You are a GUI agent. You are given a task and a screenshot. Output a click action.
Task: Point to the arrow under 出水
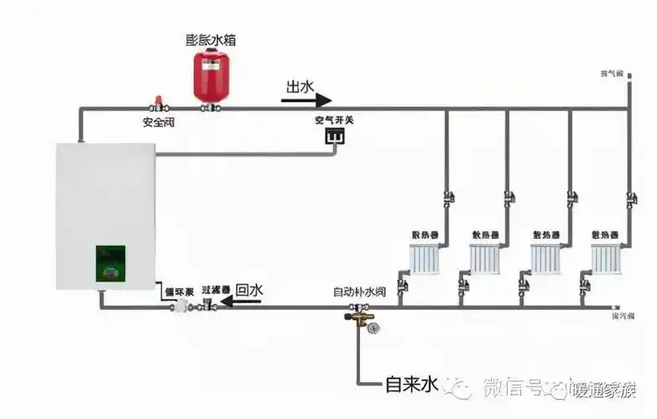[x=306, y=100]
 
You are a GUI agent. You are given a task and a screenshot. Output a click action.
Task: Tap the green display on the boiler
[x=110, y=263]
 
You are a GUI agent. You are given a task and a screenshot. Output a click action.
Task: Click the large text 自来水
[x=412, y=385]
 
